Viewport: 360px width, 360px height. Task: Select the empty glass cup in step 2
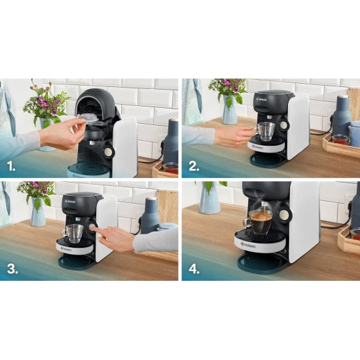(x=265, y=131)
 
